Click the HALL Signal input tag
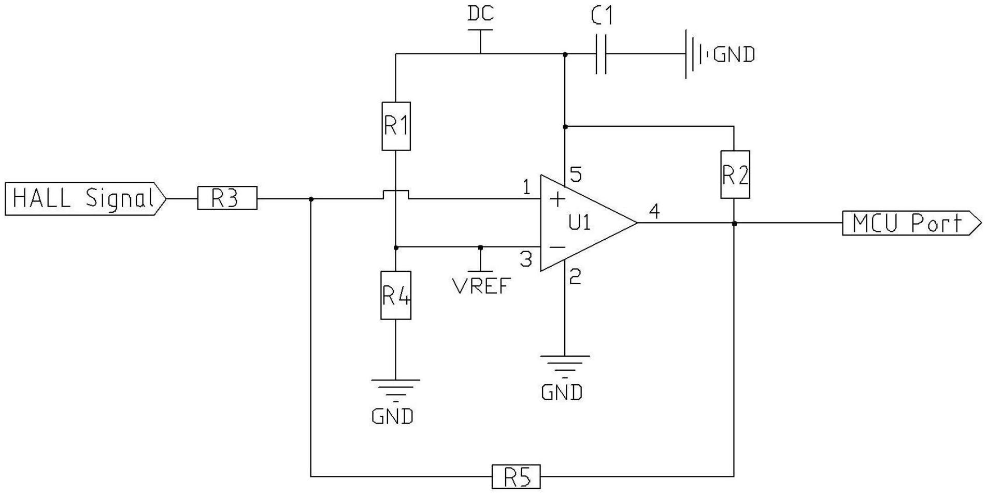click(85, 199)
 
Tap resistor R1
click(396, 126)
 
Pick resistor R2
click(735, 174)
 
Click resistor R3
click(227, 198)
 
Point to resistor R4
click(396, 295)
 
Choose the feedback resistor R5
click(516, 477)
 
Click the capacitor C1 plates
click(601, 54)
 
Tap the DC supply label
click(481, 13)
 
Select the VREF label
click(482, 286)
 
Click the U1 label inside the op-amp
click(580, 223)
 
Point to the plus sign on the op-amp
click(557, 199)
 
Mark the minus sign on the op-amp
click(557, 248)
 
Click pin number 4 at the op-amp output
click(654, 211)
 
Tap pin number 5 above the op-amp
click(576, 174)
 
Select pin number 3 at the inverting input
click(526, 259)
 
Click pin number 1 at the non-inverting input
click(526, 187)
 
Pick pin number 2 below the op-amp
click(575, 277)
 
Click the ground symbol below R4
click(395, 391)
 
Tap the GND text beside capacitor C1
click(734, 54)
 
